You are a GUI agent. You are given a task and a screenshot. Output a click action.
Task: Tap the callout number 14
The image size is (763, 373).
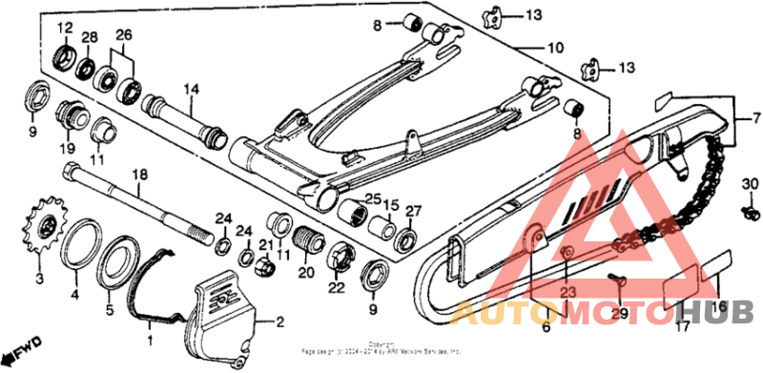[191, 89]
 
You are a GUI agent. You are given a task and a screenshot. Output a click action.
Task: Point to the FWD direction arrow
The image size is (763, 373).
[24, 341]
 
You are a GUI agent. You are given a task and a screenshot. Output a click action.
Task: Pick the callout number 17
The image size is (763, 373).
[682, 328]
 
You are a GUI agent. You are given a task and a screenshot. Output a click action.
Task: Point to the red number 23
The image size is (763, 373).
[567, 293]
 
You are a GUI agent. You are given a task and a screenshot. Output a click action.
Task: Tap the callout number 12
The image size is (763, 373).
[65, 26]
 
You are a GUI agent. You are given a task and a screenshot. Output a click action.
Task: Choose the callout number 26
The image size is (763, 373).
[124, 36]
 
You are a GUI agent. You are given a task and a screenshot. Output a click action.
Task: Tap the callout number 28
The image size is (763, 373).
[90, 36]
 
